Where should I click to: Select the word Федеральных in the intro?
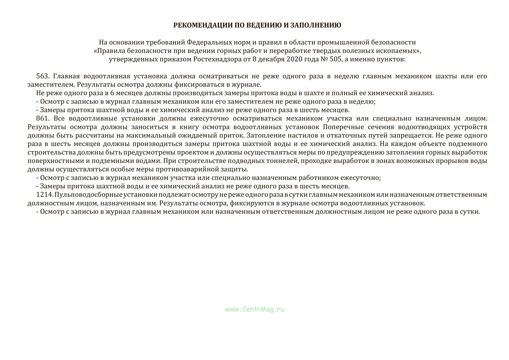[207, 42]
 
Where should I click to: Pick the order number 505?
[335, 59]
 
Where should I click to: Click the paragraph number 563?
[42, 76]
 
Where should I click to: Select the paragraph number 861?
[42, 118]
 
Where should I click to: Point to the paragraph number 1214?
[44, 195]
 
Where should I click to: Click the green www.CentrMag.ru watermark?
[254, 309]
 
